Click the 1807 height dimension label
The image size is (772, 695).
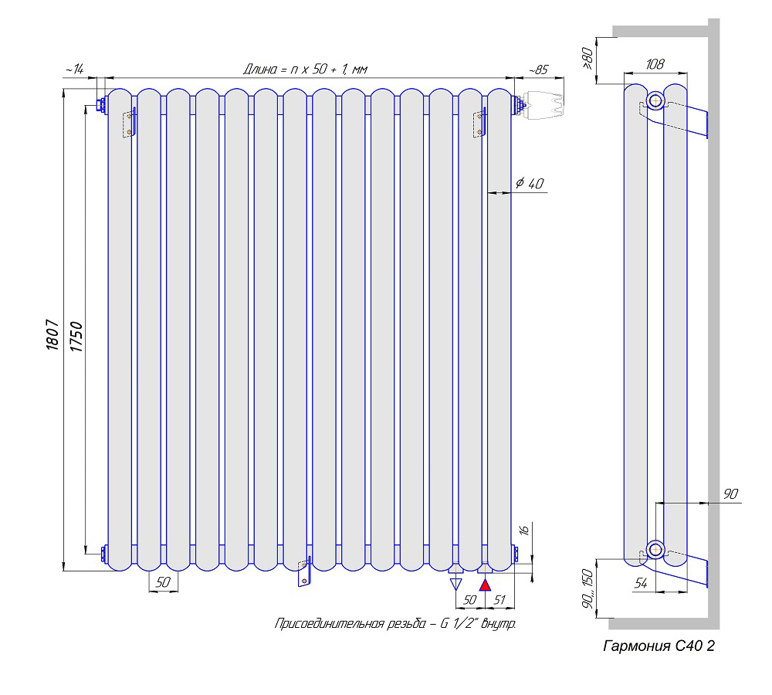click(x=52, y=335)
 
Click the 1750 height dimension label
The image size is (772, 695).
click(x=76, y=337)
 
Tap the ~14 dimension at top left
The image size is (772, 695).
click(x=75, y=69)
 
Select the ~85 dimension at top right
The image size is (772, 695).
click(x=538, y=70)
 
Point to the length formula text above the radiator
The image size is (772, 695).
click(x=305, y=69)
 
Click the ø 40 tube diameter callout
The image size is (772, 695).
click(x=530, y=183)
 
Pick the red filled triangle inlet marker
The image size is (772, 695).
click(x=486, y=585)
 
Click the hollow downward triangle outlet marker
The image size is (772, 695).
click(x=456, y=585)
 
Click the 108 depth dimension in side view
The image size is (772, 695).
click(x=655, y=64)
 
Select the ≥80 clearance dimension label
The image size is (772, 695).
click(x=587, y=58)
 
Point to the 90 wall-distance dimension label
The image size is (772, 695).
click(x=730, y=493)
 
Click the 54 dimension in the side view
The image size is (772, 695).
click(x=641, y=583)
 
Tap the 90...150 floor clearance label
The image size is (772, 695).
click(x=587, y=588)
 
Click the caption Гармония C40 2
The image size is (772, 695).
click(x=659, y=646)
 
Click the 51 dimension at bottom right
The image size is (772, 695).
click(x=499, y=599)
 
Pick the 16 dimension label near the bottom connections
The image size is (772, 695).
click(x=524, y=530)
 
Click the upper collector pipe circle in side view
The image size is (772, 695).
click(x=655, y=101)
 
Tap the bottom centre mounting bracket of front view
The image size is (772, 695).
click(x=305, y=572)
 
